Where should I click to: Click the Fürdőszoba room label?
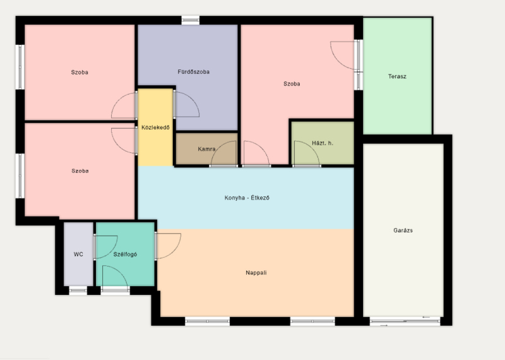(x=194, y=72)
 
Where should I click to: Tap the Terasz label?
(x=397, y=76)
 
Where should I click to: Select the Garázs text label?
(x=403, y=230)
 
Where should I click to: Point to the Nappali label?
(x=256, y=273)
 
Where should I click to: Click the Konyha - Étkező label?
(x=247, y=198)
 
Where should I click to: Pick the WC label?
(x=78, y=255)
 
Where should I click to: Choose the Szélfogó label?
(x=125, y=255)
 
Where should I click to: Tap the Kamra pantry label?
(x=206, y=149)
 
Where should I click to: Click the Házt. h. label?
(x=323, y=143)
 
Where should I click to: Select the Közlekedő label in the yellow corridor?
(x=155, y=128)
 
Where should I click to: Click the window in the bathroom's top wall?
(x=191, y=20)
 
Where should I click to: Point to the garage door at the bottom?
(x=405, y=321)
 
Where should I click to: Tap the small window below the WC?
(x=78, y=291)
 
